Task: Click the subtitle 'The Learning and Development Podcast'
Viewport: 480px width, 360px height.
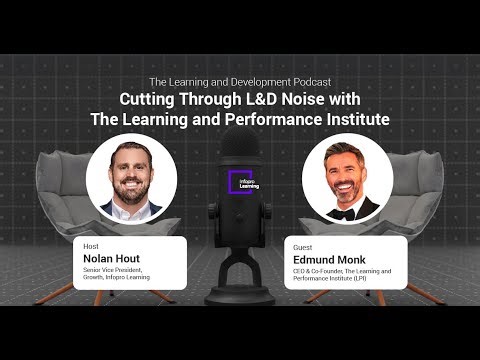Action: tap(240, 81)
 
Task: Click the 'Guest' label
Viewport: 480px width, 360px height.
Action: tap(299, 246)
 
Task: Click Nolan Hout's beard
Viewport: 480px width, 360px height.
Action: tap(132, 197)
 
